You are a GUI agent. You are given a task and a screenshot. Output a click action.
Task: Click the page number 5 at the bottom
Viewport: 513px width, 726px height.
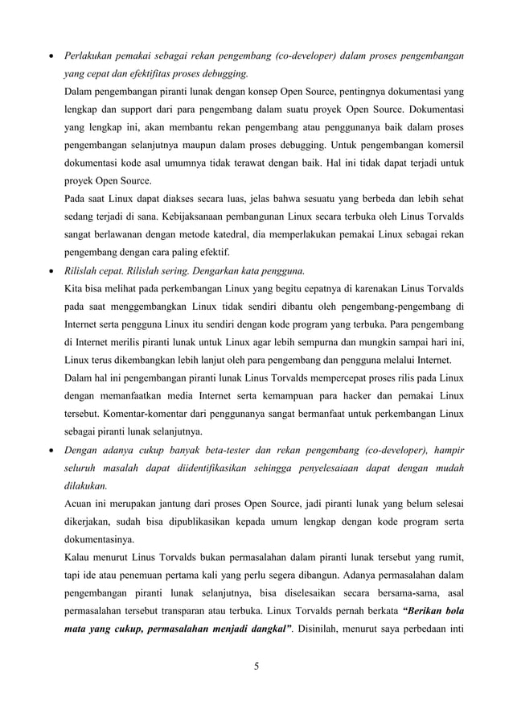point(256,665)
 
